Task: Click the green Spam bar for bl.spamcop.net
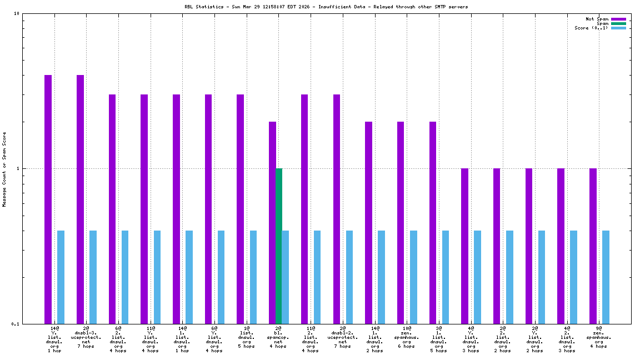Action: coord(279,246)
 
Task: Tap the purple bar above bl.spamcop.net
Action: coord(272,222)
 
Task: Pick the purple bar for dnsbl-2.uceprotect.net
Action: coord(337,209)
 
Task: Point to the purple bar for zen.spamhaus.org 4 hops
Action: coord(593,246)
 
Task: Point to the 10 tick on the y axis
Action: coord(17,14)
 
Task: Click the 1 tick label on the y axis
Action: coord(18,168)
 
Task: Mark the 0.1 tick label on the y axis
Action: coord(16,324)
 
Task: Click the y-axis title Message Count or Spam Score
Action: coord(4,169)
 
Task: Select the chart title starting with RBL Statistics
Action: coord(326,7)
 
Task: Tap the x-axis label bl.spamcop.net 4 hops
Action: coord(278,337)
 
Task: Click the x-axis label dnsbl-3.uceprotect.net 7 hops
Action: coord(86,337)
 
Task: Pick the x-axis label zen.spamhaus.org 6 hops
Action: coord(406,337)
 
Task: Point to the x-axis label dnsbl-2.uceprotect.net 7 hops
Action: coord(342,337)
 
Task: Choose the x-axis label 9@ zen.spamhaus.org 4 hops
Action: coord(599,337)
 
